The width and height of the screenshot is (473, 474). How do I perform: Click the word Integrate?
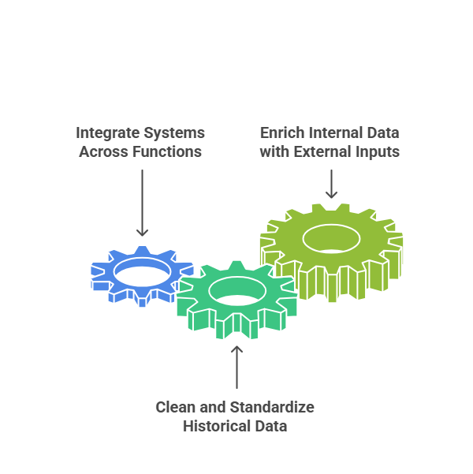[107, 133]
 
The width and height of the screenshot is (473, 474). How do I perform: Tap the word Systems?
[174, 133]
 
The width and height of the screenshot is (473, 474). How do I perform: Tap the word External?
[322, 151]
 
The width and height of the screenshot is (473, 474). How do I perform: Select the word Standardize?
[272, 407]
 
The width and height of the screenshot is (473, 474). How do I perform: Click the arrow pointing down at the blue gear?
[142, 203]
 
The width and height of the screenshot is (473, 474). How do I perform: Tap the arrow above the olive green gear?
[331, 184]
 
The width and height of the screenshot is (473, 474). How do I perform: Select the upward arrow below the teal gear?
[237, 367]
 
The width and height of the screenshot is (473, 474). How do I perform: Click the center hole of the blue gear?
[142, 272]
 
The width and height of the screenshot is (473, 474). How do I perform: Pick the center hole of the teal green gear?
[237, 291]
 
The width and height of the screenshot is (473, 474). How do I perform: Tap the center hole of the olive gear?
[331, 238]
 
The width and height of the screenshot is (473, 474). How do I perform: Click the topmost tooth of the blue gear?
[142, 251]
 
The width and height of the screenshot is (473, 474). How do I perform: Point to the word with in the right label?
[274, 151]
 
